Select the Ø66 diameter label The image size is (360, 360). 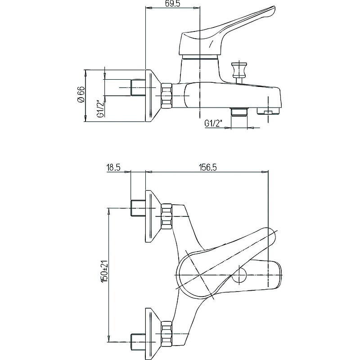click(x=81, y=95)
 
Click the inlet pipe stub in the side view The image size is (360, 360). click(x=137, y=86)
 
